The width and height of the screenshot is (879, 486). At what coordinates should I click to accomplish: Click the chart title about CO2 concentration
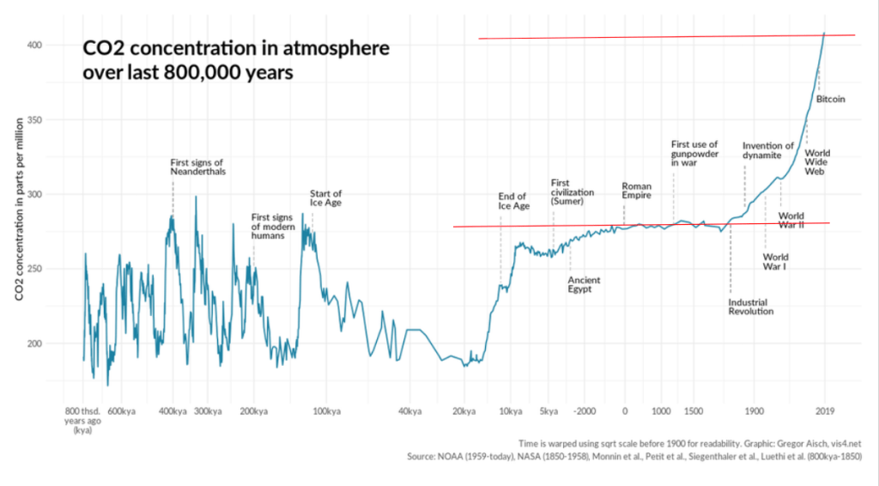(x=236, y=60)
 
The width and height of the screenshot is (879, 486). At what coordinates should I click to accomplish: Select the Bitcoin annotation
(x=830, y=100)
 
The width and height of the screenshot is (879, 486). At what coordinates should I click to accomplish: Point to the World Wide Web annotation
(x=816, y=162)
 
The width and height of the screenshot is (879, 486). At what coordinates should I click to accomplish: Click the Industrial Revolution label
(x=751, y=307)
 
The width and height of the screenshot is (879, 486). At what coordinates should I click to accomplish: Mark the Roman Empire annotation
(x=636, y=191)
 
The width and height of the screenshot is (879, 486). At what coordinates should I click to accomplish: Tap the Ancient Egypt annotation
(x=584, y=285)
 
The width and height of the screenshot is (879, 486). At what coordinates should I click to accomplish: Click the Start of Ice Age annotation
(x=326, y=198)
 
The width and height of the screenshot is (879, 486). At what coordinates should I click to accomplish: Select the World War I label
(x=776, y=261)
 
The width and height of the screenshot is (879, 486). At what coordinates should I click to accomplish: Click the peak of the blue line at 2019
(x=825, y=33)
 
